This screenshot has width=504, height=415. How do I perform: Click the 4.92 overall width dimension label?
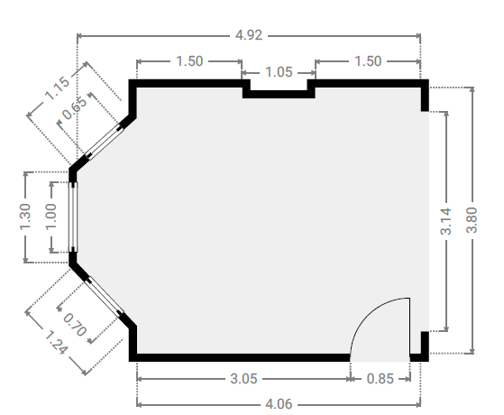[x=249, y=35]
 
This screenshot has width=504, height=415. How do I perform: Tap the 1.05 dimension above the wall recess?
[x=279, y=72]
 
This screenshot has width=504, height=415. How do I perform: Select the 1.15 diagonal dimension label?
[x=57, y=88]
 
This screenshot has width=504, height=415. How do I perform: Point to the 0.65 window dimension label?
[x=74, y=107]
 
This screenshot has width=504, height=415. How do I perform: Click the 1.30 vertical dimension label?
[x=25, y=217]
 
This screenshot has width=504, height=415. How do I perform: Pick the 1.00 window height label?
[x=51, y=217]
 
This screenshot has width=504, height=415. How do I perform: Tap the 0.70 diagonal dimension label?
[x=75, y=325]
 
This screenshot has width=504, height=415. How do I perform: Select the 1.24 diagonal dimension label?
[x=56, y=343]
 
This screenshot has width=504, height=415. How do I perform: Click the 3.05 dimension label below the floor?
[x=243, y=379]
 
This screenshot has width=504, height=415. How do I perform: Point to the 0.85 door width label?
[x=380, y=379]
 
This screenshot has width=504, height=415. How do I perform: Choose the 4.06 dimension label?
[x=279, y=404]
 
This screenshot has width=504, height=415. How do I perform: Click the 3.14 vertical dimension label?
[x=445, y=221]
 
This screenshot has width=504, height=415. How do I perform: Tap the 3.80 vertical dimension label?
[x=472, y=220]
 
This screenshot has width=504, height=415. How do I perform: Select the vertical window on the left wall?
[x=73, y=217]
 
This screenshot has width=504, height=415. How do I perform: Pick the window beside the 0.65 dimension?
[x=105, y=142]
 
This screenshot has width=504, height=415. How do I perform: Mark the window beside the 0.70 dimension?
[x=105, y=296]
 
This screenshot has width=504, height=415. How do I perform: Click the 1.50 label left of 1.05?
[x=189, y=61]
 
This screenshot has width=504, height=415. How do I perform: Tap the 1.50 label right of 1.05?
[x=368, y=61]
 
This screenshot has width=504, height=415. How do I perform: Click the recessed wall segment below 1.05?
[x=279, y=94]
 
